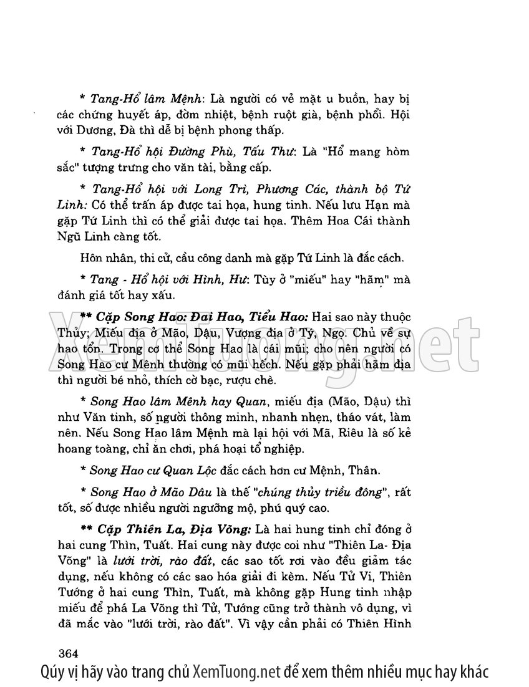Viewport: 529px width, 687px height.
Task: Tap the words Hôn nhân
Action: (102, 259)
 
